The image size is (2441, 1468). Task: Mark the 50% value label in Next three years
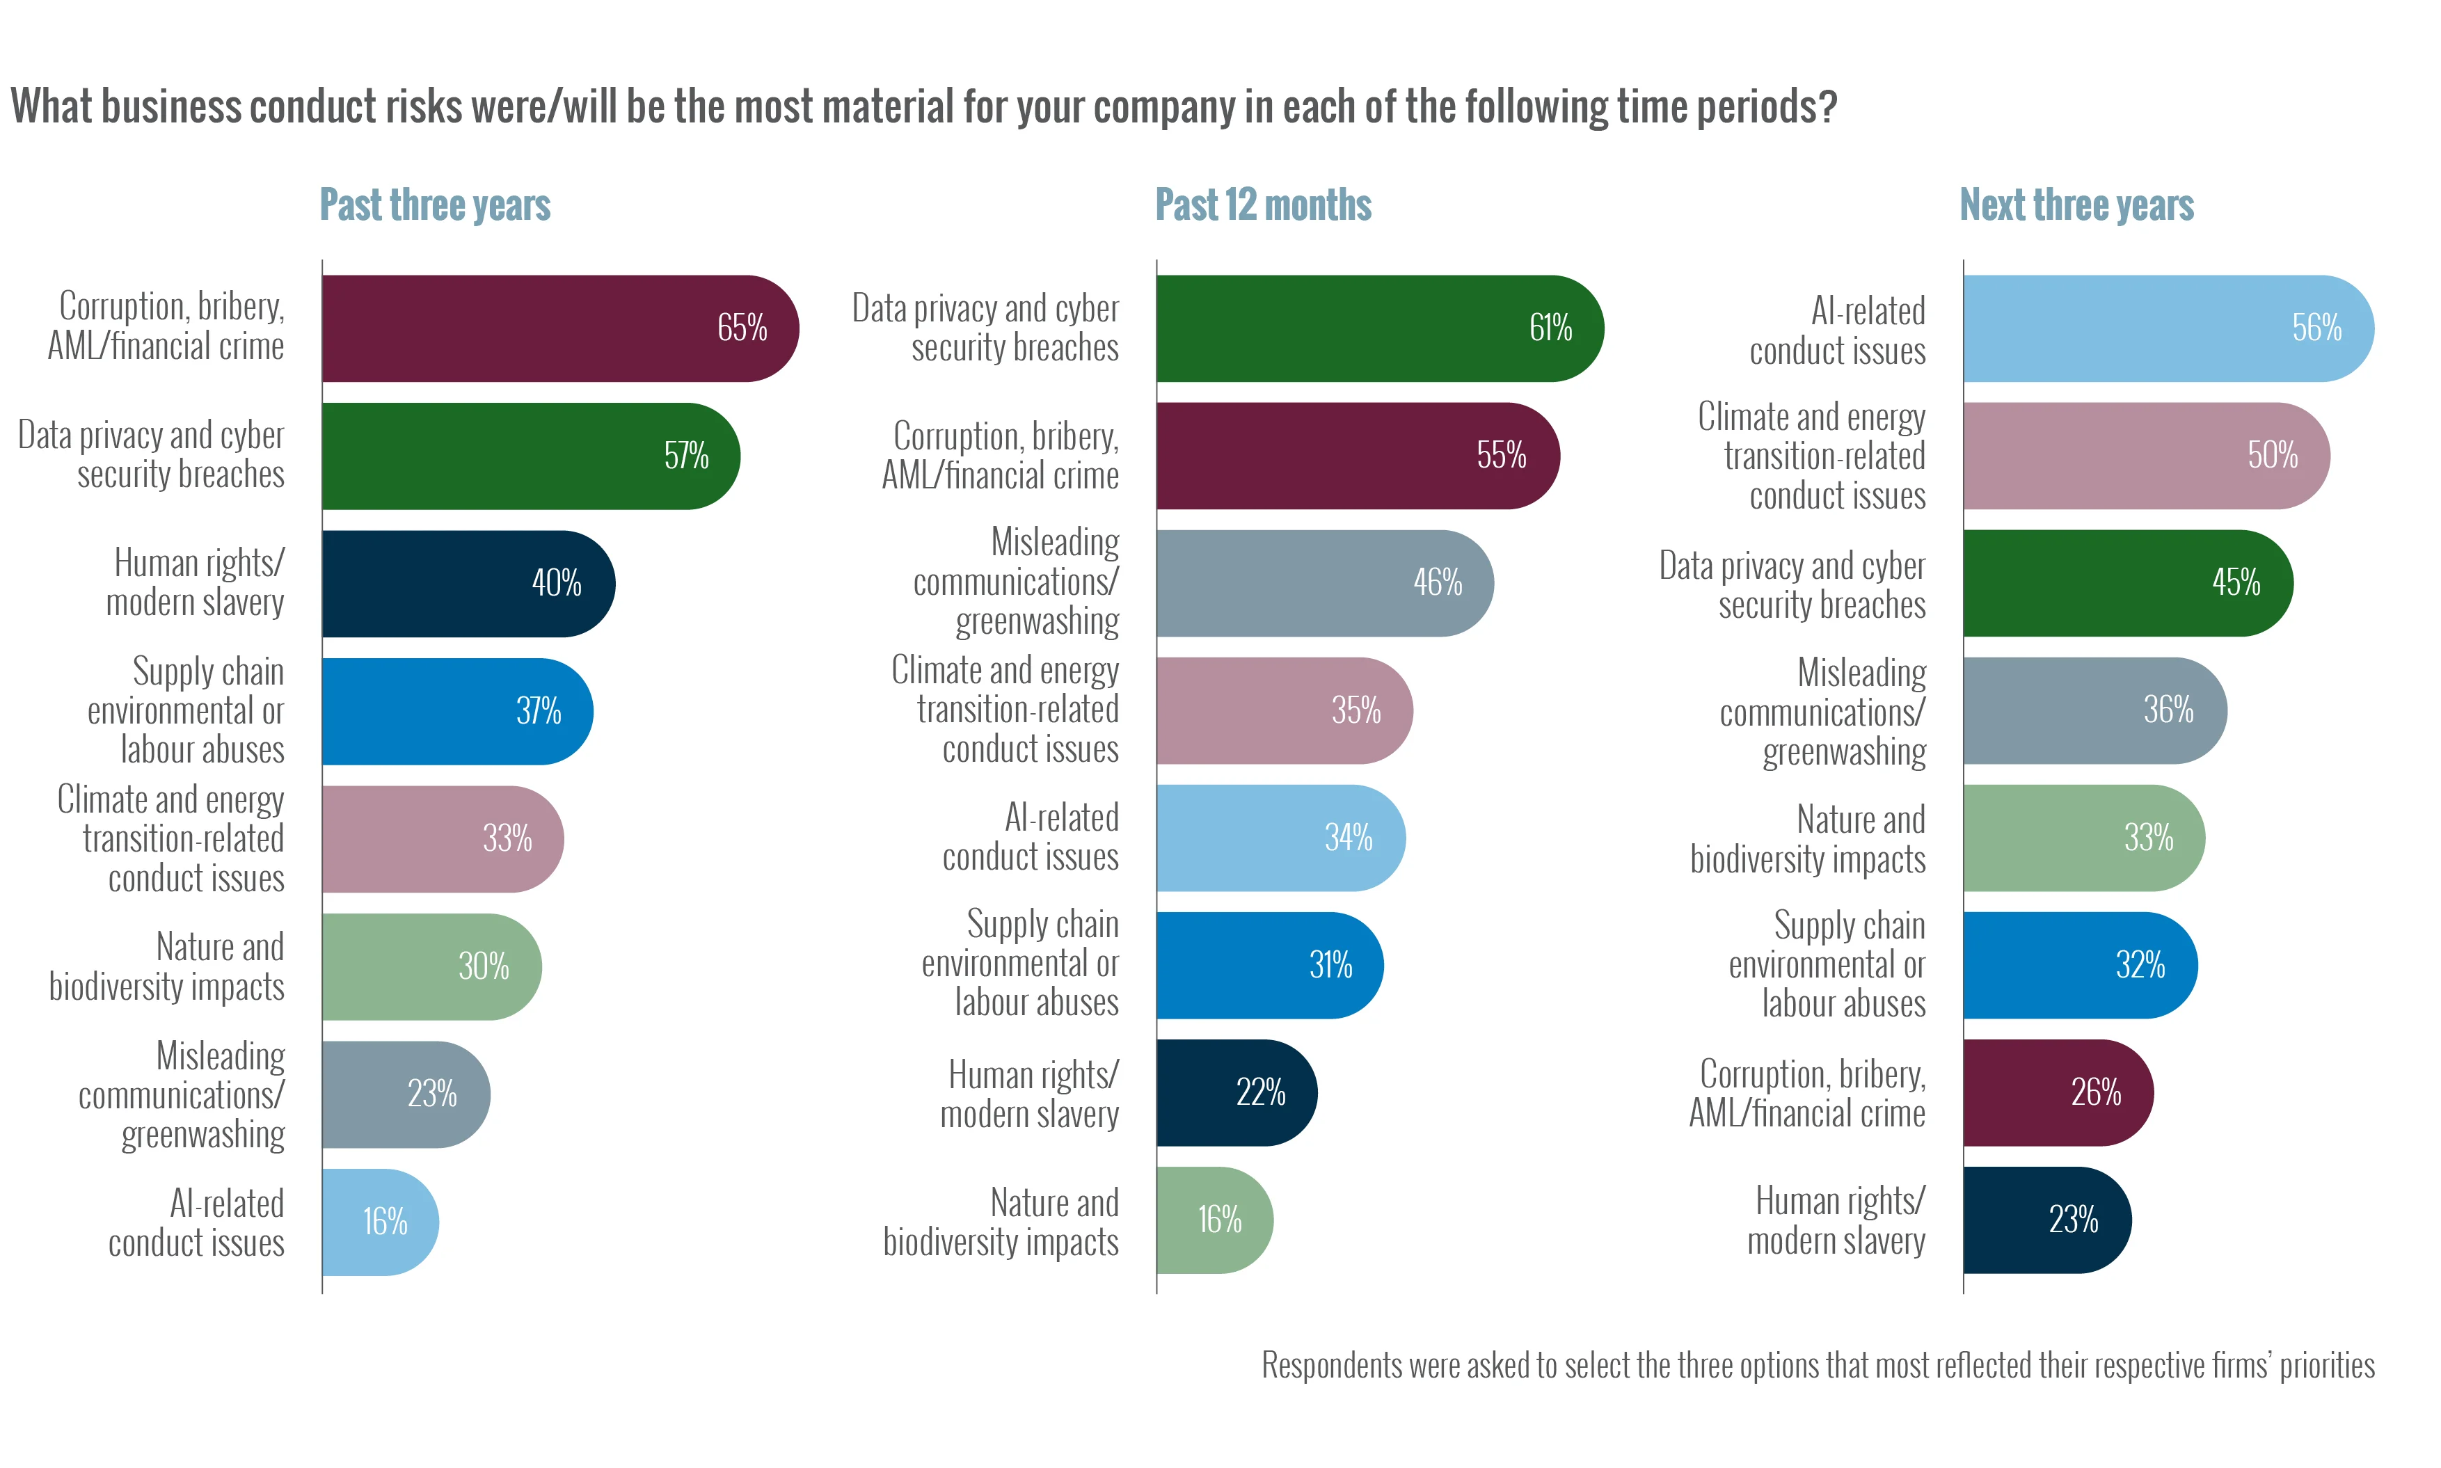coord(2272,456)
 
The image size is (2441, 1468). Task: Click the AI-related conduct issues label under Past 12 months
coord(1031,838)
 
